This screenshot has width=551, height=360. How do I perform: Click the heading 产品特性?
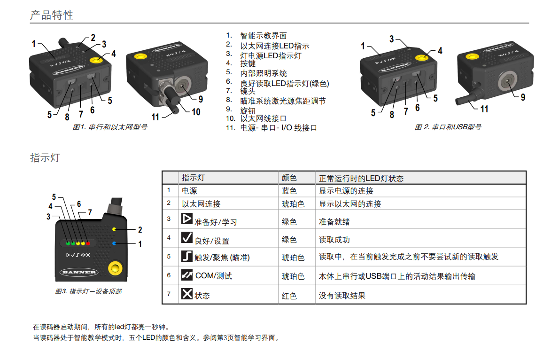[x=52, y=15]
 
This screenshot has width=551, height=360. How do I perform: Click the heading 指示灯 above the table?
[x=45, y=157]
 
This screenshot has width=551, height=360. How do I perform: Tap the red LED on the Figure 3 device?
[x=88, y=243]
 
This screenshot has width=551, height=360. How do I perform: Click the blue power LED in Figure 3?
[x=114, y=243]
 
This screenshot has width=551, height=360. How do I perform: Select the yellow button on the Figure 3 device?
[x=115, y=269]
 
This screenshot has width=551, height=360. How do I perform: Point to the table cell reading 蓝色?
[x=289, y=191]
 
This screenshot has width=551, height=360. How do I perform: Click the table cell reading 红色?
[x=289, y=296]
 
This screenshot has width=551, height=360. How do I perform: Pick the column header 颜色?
[x=289, y=178]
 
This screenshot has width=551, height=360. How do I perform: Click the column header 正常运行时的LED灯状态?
[x=361, y=178]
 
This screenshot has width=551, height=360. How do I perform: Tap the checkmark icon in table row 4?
[x=187, y=237]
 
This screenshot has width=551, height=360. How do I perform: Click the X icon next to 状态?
[x=187, y=294]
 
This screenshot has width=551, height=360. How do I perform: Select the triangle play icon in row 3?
[x=187, y=219]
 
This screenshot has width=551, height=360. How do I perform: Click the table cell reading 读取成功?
[x=334, y=240]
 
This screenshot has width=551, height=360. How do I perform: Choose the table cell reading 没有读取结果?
[x=342, y=296]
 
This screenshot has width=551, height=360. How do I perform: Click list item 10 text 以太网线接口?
[x=263, y=118]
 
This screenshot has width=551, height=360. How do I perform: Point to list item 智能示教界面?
[x=264, y=36]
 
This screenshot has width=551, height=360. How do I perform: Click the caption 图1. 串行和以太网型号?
[x=109, y=127]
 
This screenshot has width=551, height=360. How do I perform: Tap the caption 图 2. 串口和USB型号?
[x=448, y=127]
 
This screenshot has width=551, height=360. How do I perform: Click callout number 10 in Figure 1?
[x=196, y=112]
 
